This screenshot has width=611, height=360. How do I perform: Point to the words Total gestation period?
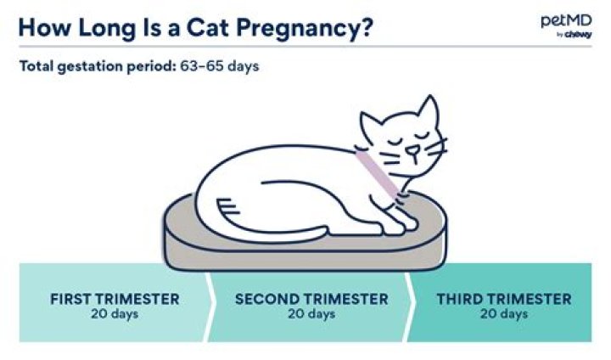pos(97,65)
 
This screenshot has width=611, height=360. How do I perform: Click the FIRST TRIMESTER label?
pos(115,299)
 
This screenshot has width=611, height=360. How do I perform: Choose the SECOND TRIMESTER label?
pos(311,299)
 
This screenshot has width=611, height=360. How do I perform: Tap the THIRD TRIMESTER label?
pos(504,299)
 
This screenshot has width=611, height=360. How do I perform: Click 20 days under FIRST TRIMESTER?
pos(115,313)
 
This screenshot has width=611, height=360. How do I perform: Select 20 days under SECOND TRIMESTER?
pos(311,313)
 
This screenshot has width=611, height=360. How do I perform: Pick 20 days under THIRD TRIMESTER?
pos(504,313)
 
